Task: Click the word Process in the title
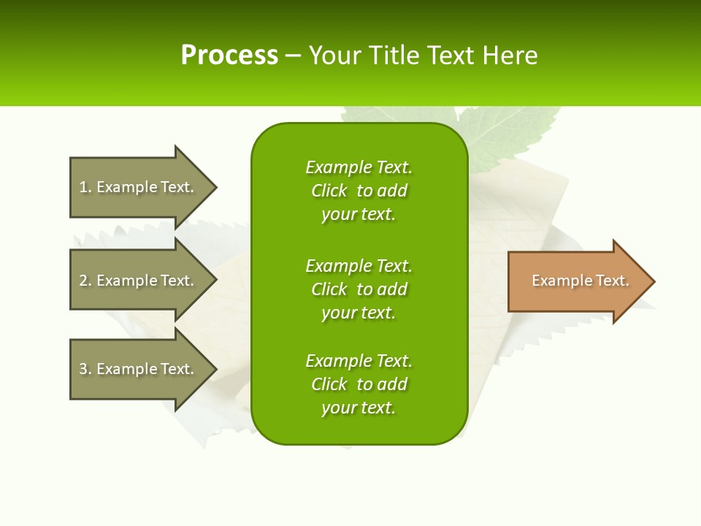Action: coord(229,56)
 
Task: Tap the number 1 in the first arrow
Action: coord(83,187)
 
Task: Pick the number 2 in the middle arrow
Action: coord(83,281)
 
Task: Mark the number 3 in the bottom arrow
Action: coord(83,369)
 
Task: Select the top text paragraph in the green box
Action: coord(359,191)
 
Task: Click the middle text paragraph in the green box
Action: coord(359,289)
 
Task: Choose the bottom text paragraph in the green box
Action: coord(359,384)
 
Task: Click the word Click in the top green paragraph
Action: coord(329,191)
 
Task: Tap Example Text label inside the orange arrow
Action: coord(580,281)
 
